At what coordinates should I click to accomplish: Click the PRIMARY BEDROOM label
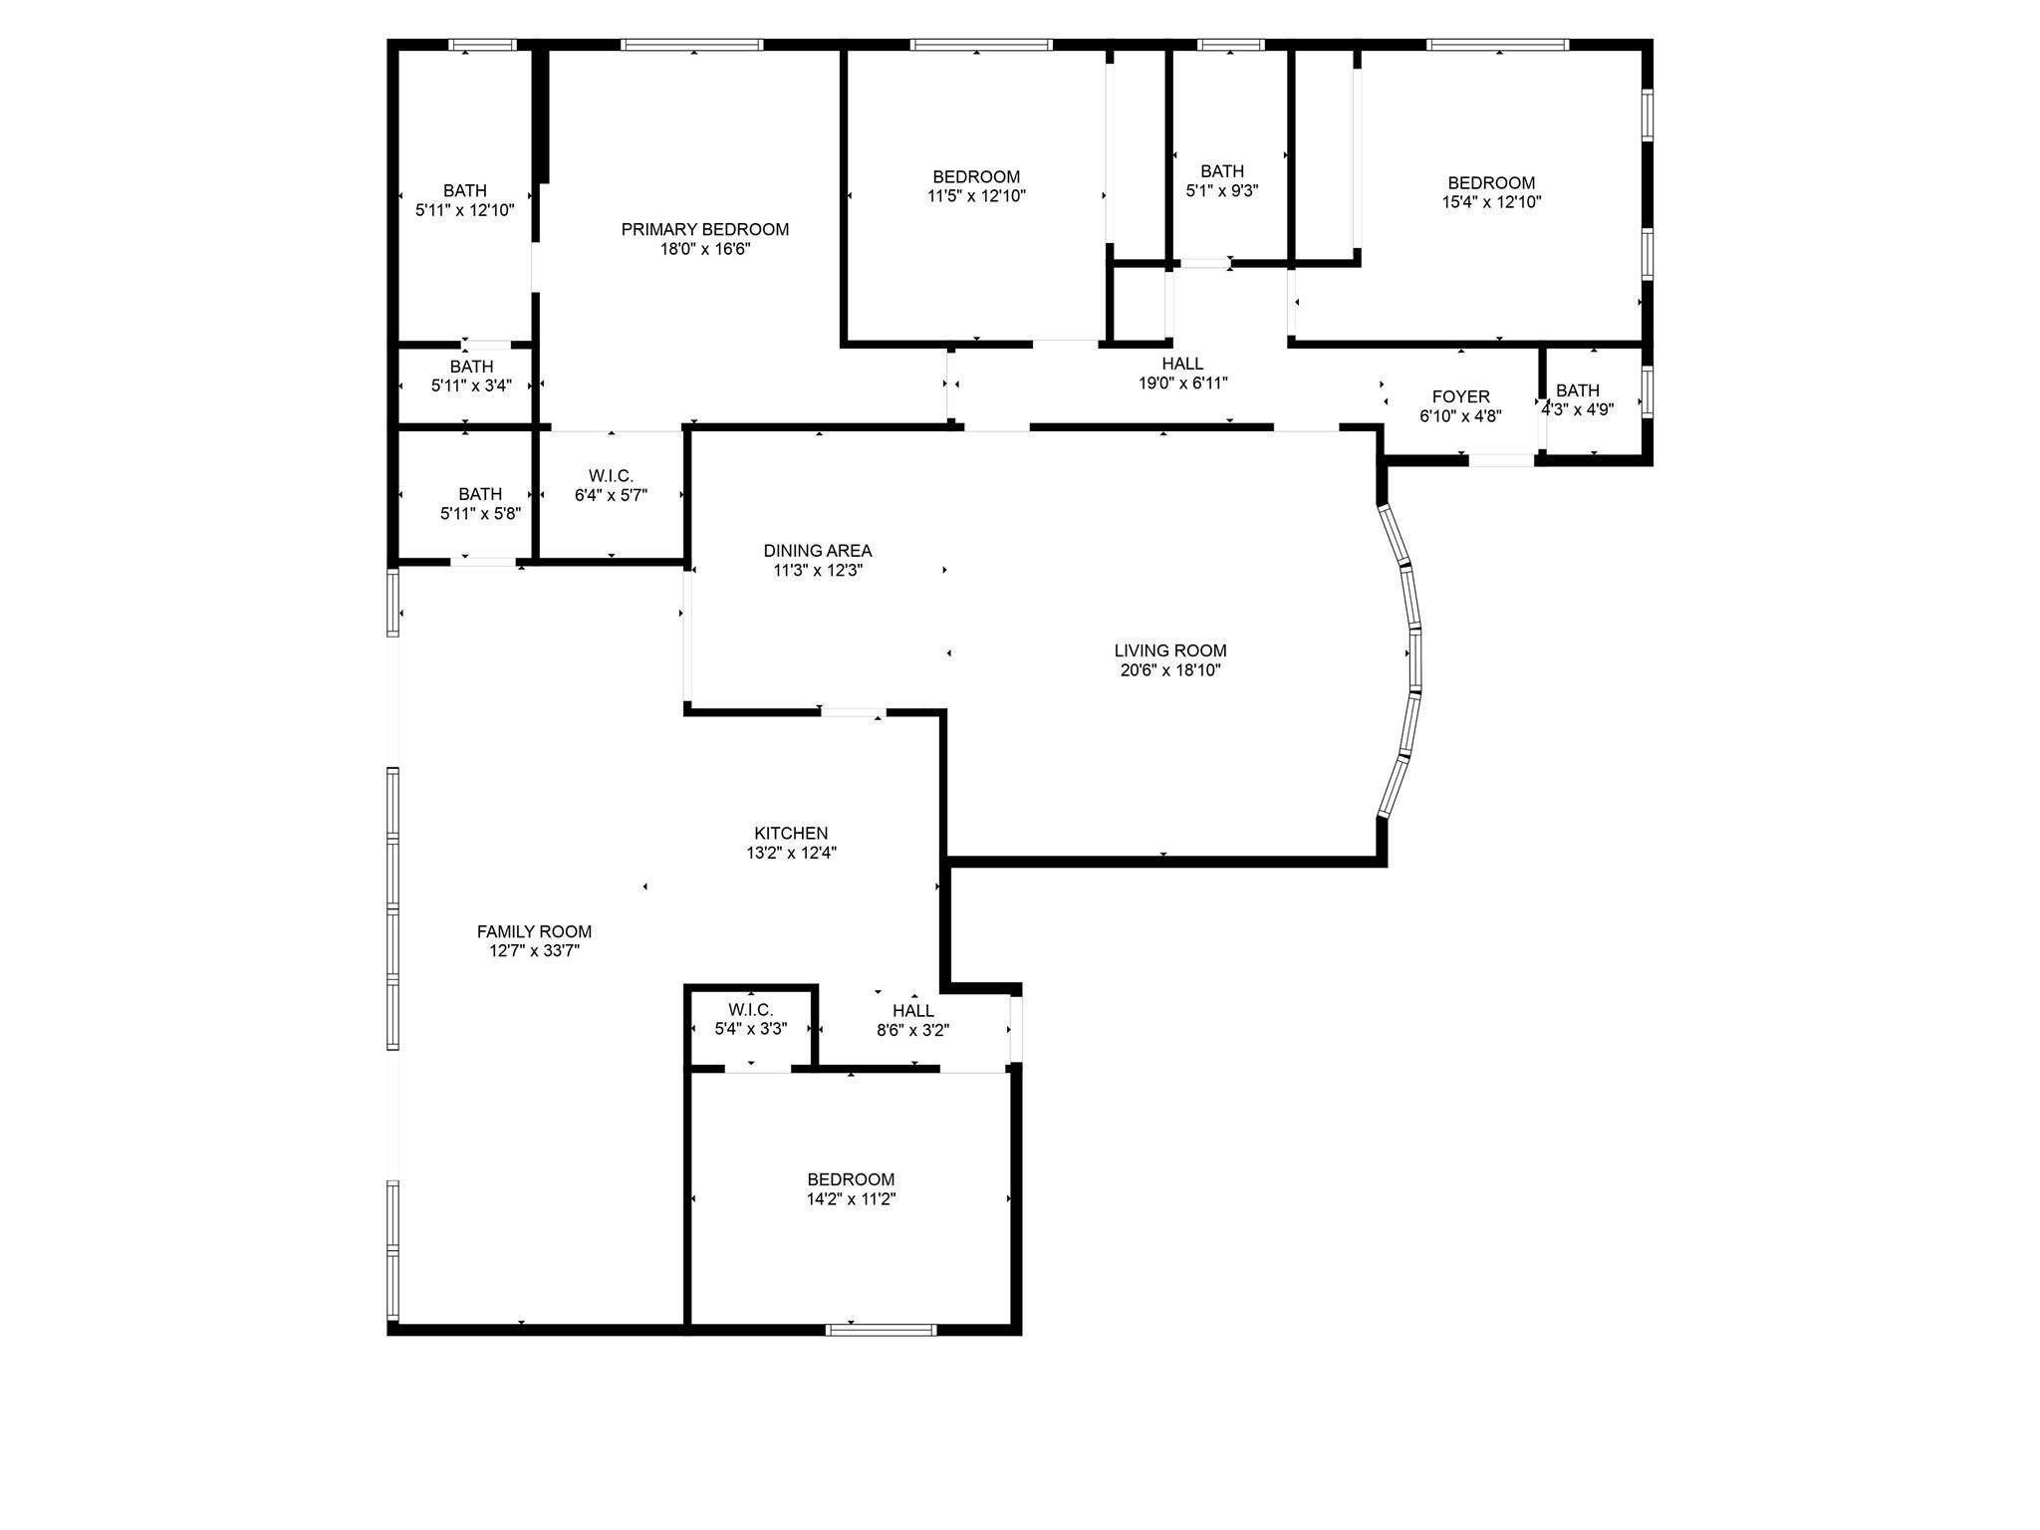coord(705,229)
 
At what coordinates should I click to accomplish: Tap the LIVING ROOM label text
coord(1170,651)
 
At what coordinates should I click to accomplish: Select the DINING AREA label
coord(818,551)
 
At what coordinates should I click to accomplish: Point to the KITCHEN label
coord(791,834)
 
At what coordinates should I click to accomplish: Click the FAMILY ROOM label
coord(534,932)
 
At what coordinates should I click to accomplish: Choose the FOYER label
coord(1461,397)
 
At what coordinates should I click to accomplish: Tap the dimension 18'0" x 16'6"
coord(705,249)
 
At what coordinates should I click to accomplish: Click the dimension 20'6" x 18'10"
coord(1170,670)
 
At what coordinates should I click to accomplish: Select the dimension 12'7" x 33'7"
coord(534,951)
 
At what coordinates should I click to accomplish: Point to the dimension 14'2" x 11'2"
coord(852,1199)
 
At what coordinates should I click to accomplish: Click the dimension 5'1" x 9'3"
coord(1222,191)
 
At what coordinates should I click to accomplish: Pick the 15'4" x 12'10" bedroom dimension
coord(1491,202)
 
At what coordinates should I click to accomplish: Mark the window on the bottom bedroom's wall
coord(882,1329)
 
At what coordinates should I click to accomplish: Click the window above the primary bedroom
coord(692,45)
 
